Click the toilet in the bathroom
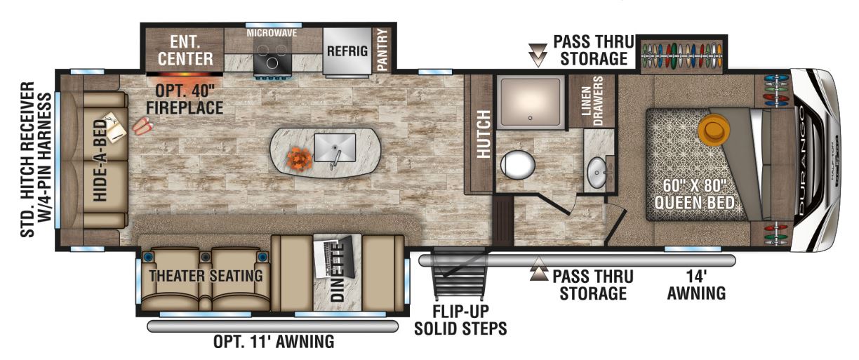517,165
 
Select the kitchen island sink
335,147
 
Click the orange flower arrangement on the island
300,158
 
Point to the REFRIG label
347,51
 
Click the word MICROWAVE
272,33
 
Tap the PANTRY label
382,51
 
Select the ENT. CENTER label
185,51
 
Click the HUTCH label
484,134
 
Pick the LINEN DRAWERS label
592,101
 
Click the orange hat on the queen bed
714,130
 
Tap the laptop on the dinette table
333,256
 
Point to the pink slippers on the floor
142,126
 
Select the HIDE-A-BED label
100,161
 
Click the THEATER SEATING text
206,276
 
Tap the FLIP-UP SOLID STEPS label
460,320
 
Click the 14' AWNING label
696,285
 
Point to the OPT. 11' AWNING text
274,341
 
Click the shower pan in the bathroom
531,102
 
